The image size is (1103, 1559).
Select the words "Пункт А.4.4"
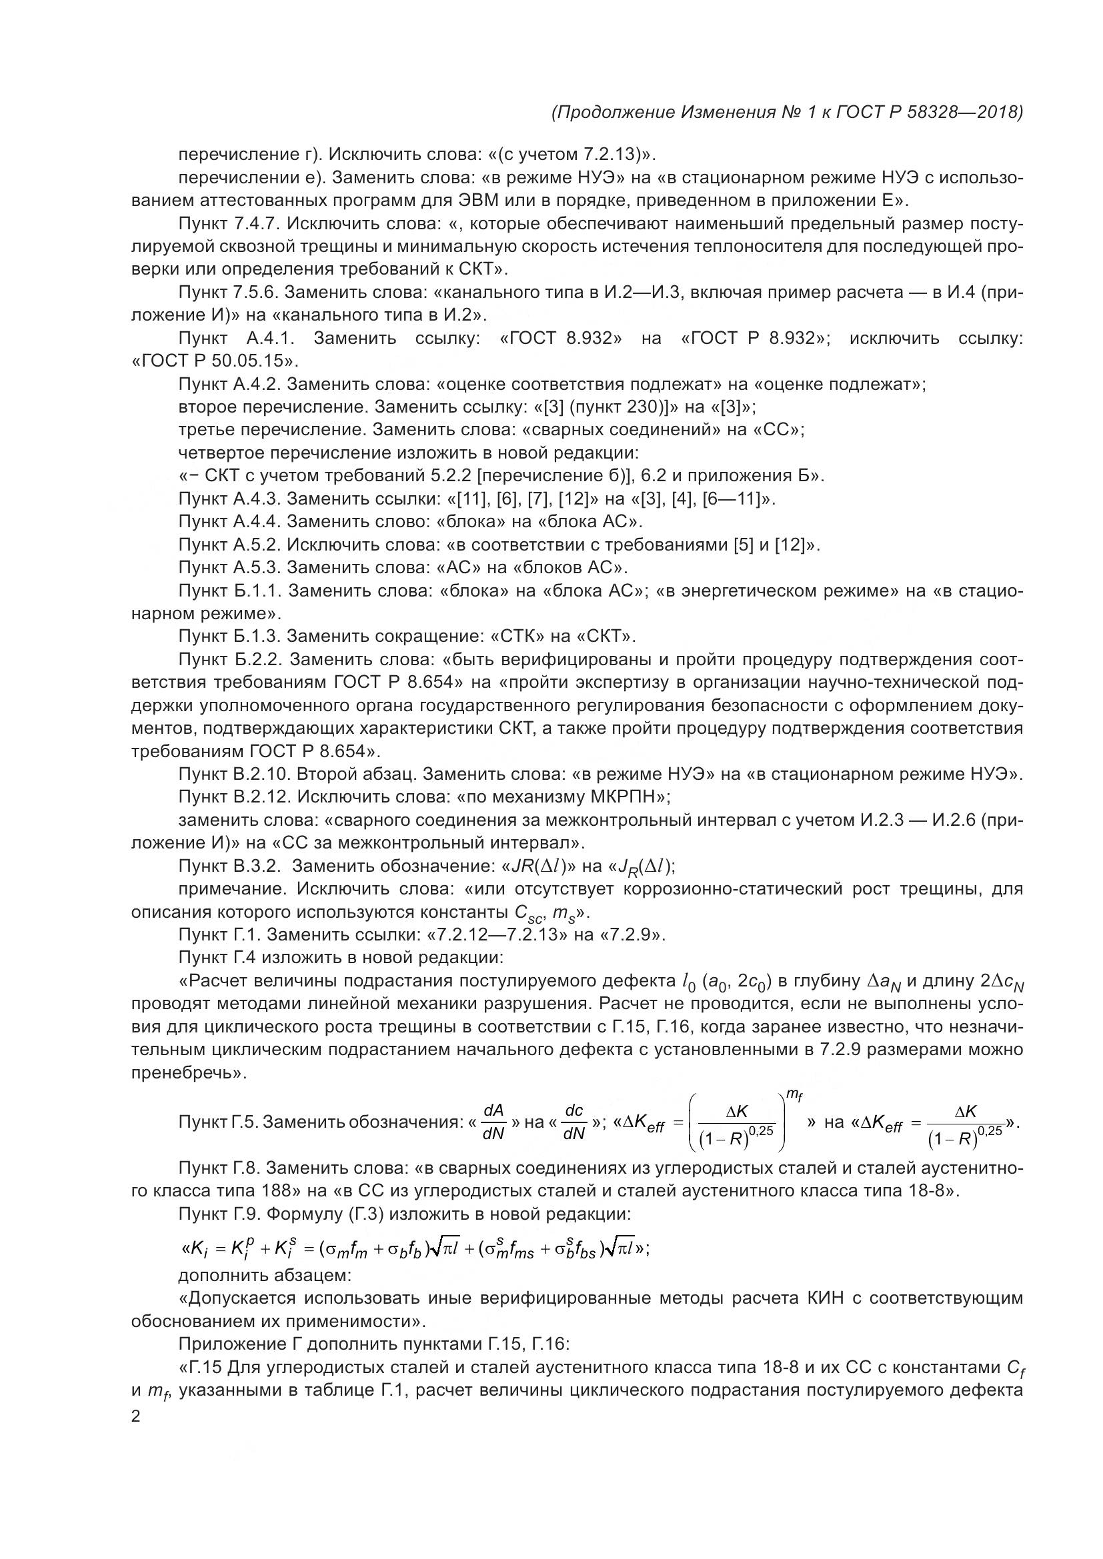[x=228, y=521]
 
